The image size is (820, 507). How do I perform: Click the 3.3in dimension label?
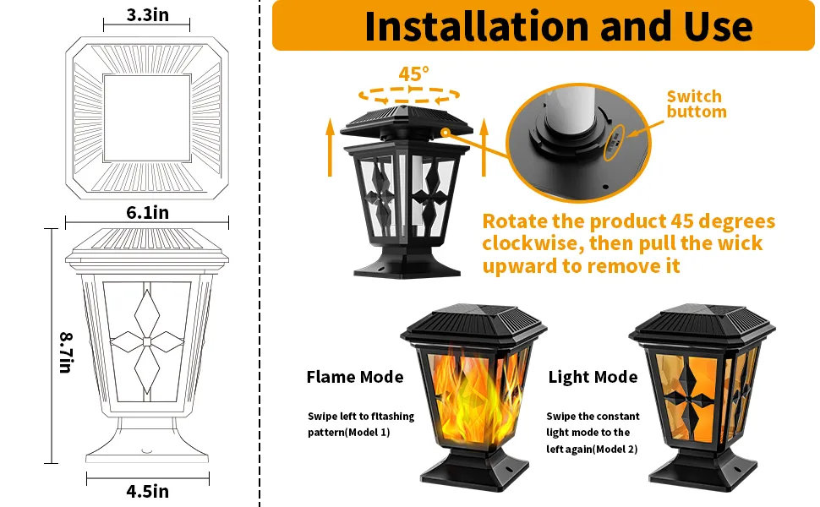(x=146, y=15)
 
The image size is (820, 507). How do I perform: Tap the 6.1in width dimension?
(x=147, y=213)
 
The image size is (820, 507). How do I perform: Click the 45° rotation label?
(x=414, y=74)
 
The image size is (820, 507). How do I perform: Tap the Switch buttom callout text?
(x=696, y=104)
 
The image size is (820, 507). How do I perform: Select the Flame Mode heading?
(x=354, y=377)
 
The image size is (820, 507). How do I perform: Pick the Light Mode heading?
(x=593, y=377)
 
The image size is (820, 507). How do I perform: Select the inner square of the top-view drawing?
(x=147, y=115)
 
